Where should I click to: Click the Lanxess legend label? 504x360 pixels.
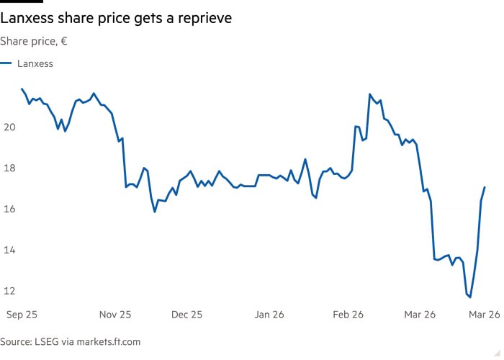(x=35, y=63)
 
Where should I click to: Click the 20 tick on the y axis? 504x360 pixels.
(x=9, y=127)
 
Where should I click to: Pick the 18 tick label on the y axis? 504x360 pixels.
(x=9, y=168)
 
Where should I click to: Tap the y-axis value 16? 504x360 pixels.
(x=9, y=210)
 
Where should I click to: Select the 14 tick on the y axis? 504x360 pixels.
(x=9, y=251)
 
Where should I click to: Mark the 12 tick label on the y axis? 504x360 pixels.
(x=9, y=292)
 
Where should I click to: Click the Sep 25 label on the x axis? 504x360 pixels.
(x=22, y=315)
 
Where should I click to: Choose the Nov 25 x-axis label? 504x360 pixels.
(x=115, y=315)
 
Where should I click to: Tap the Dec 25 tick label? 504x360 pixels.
(x=186, y=315)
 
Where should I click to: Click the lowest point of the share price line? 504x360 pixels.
(x=470, y=297)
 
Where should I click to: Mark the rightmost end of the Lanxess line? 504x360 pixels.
(x=485, y=187)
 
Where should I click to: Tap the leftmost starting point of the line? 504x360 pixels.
(x=22, y=89)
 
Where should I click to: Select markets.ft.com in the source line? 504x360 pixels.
(x=113, y=342)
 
